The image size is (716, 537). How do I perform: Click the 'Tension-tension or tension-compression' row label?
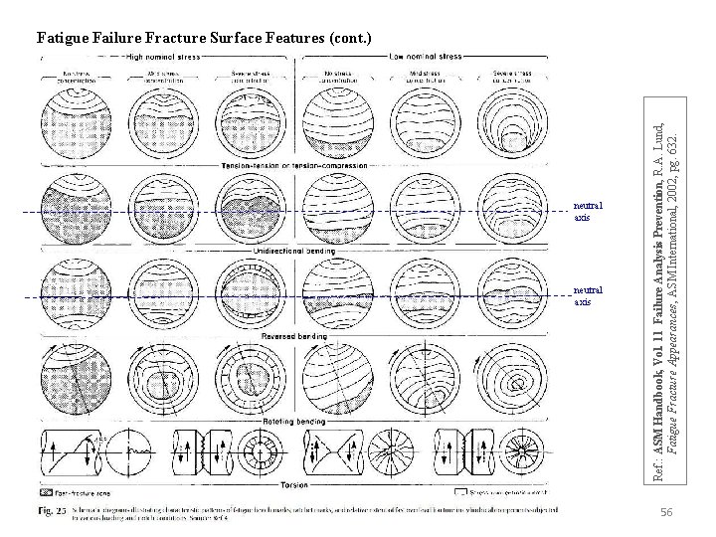[x=294, y=165]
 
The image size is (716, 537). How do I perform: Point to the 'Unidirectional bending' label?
[x=294, y=250]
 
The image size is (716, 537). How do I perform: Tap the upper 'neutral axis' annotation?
[x=588, y=211]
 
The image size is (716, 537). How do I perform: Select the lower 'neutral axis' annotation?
[x=588, y=294]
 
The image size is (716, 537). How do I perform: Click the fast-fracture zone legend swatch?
[x=46, y=491]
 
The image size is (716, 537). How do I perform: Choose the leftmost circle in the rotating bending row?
[x=76, y=378]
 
